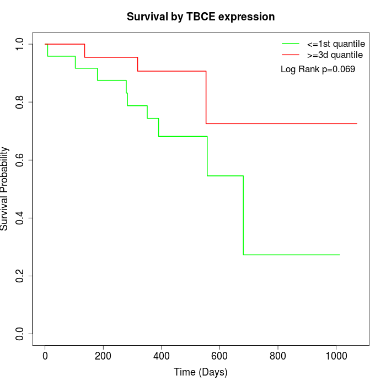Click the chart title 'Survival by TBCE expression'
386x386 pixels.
click(x=201, y=17)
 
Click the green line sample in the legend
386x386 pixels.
click(x=291, y=44)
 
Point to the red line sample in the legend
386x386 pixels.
click(x=291, y=55)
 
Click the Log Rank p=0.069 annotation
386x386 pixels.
click(x=318, y=69)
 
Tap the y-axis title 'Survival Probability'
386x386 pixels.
click(x=6, y=189)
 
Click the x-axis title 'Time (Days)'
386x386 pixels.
click(x=201, y=372)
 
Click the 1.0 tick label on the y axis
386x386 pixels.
click(x=20, y=44)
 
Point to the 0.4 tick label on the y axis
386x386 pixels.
click(x=20, y=218)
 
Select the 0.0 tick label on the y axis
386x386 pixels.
click(x=20, y=334)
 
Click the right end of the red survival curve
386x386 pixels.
click(x=357, y=124)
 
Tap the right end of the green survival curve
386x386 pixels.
click(x=340, y=255)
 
